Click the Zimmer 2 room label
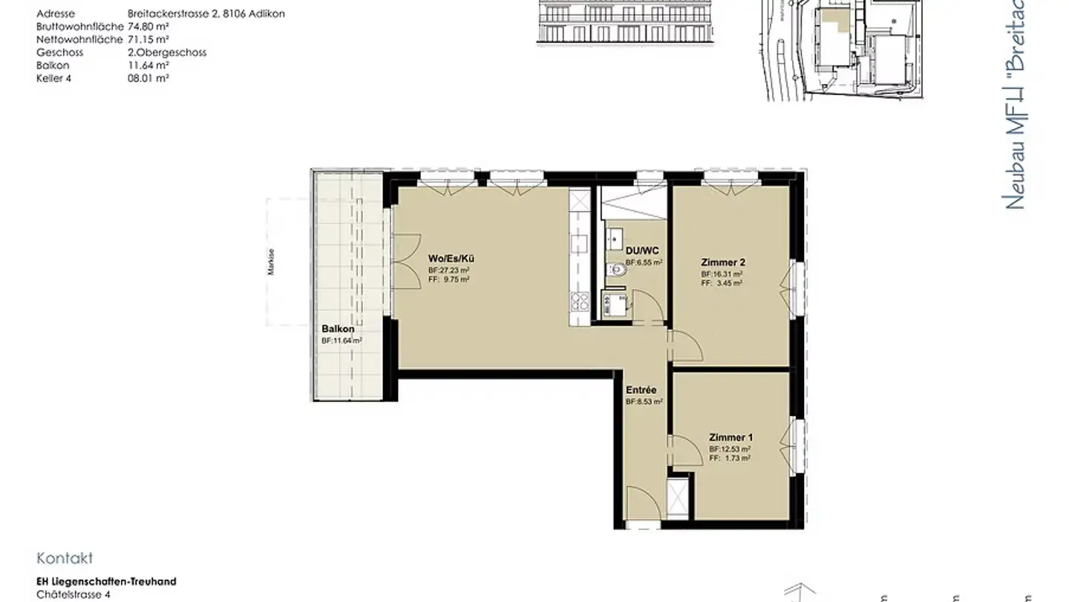tap(722, 262)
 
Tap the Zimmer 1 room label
tap(730, 438)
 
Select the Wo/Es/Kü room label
tap(451, 259)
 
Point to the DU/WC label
tap(641, 251)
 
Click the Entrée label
tap(641, 389)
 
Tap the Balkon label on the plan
tap(338, 328)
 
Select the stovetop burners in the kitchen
tap(579, 301)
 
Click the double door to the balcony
tap(405, 262)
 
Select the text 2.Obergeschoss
tap(167, 52)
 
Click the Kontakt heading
tap(65, 559)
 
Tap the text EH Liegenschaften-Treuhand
tap(106, 581)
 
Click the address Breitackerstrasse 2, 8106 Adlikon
tap(206, 13)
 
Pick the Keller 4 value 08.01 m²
tap(148, 77)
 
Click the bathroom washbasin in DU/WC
tap(615, 239)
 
